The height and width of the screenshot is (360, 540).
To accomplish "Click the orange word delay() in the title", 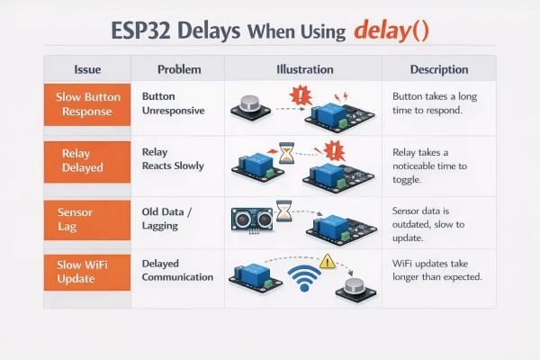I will pos(391,31).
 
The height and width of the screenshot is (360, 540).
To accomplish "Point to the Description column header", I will pos(438,69).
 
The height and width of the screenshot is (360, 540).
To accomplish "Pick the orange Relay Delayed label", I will pos(87,160).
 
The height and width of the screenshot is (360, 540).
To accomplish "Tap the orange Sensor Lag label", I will pos(87,218).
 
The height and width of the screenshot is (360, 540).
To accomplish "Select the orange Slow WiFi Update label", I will pos(87,270).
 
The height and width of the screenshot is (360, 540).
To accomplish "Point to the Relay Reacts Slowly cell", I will pos(174,159).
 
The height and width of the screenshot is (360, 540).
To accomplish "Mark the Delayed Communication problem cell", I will pos(178,270).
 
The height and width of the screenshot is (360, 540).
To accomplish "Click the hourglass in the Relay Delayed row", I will pos(286,156).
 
